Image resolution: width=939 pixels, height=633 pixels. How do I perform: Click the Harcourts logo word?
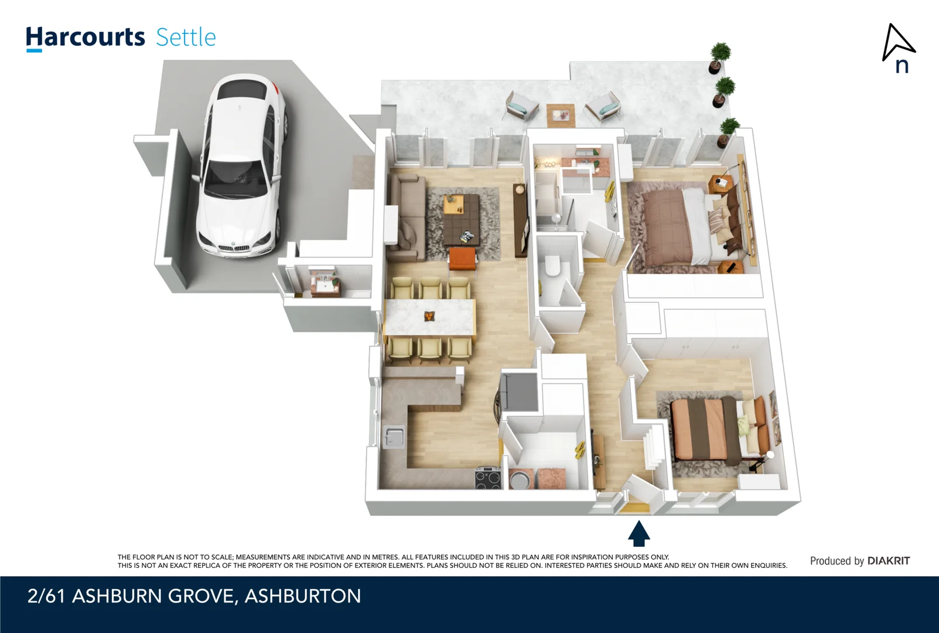pos(85,38)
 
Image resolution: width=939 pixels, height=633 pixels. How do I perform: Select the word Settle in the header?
pos(186,38)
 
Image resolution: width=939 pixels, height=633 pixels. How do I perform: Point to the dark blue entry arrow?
pos(638,533)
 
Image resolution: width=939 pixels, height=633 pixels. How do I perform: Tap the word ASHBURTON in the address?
pos(302,596)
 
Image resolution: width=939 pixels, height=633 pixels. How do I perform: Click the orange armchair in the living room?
pos(463,259)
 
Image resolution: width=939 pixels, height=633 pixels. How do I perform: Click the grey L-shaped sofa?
pos(405,217)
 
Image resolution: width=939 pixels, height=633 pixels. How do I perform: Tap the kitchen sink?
pos(394,437)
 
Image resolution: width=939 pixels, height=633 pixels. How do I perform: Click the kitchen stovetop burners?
pos(487,478)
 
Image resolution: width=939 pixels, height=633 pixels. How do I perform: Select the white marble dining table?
pos(429,317)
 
